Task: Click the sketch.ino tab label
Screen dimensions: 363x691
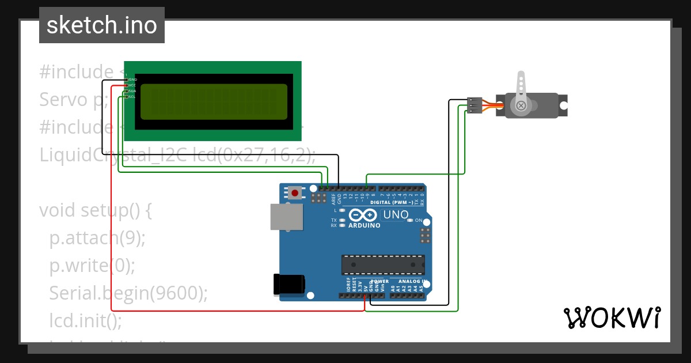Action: (101, 25)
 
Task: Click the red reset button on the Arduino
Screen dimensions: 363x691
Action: (295, 193)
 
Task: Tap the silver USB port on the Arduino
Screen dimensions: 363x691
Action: (286, 217)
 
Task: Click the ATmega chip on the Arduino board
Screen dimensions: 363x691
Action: (383, 264)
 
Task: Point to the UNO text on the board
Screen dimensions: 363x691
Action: (396, 215)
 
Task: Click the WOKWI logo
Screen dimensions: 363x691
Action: (612, 317)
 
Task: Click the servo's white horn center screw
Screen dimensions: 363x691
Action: (521, 105)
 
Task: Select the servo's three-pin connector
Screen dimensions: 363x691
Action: (474, 105)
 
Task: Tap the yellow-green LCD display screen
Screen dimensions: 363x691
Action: (214, 102)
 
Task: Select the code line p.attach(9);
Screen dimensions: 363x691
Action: (97, 238)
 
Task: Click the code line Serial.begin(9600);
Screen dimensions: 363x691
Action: (128, 293)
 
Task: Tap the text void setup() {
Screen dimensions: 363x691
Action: (95, 210)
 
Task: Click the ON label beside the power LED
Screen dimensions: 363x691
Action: (419, 221)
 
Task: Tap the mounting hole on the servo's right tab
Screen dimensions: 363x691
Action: (564, 106)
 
